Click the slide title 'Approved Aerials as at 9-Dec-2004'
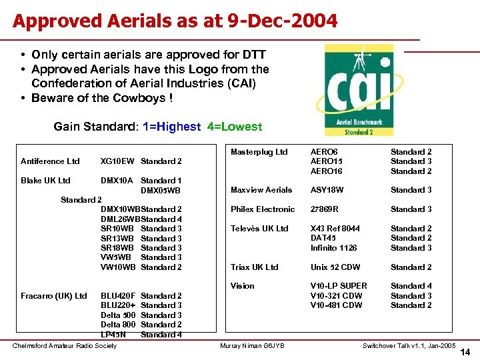pos(175,21)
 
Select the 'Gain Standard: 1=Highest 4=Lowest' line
pos(158,127)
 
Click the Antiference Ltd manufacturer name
pos(50,161)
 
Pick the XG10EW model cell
pos(117,161)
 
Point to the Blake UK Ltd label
pos(45,181)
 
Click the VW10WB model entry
pos(118,267)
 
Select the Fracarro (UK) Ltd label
pos(54,296)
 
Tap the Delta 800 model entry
pos(118,325)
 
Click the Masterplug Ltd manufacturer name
pos(259,152)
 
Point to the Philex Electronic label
pos(263,209)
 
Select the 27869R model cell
pos(325,209)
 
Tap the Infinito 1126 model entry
pos(333,248)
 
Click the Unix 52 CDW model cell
pos(335,267)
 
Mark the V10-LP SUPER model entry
pos(339,286)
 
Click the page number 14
pos(465,352)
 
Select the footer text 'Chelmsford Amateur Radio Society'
pos(65,345)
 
